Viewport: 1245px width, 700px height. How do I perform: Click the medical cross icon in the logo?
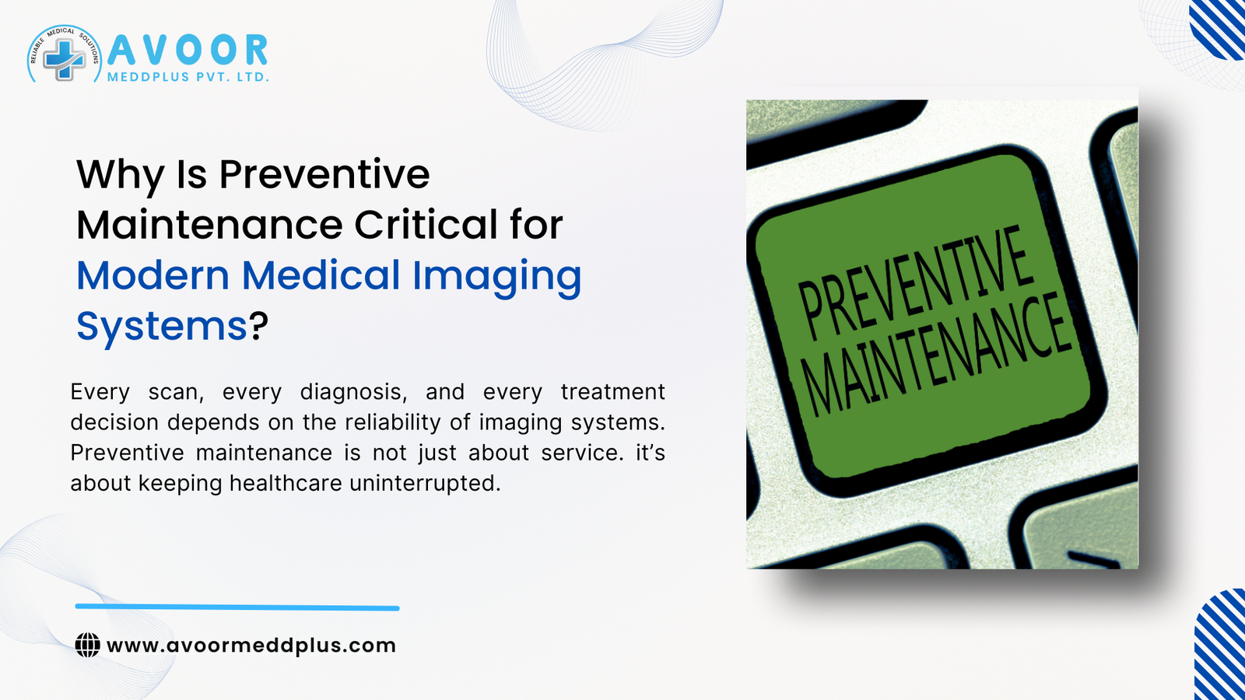[64, 58]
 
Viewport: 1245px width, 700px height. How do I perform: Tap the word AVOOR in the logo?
[188, 51]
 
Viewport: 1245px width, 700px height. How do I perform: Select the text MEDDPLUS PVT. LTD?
[188, 78]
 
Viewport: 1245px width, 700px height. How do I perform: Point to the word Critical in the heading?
[426, 225]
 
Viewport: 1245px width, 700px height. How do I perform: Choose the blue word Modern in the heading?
[153, 275]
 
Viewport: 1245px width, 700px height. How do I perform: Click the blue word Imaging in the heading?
[496, 277]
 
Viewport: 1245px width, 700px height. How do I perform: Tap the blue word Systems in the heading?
[161, 326]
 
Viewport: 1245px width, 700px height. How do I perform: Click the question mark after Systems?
[259, 326]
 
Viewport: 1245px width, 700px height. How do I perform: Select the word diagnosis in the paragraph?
[353, 392]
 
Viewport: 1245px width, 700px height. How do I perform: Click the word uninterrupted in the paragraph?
[424, 483]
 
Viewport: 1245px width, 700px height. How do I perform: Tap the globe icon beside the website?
[88, 645]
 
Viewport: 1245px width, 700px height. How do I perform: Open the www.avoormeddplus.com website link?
[251, 646]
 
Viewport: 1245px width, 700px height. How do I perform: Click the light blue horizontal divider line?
[237, 607]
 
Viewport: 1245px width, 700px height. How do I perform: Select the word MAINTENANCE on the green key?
[938, 355]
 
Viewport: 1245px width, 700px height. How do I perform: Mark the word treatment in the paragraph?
[612, 392]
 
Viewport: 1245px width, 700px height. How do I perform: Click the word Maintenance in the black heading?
[209, 225]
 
